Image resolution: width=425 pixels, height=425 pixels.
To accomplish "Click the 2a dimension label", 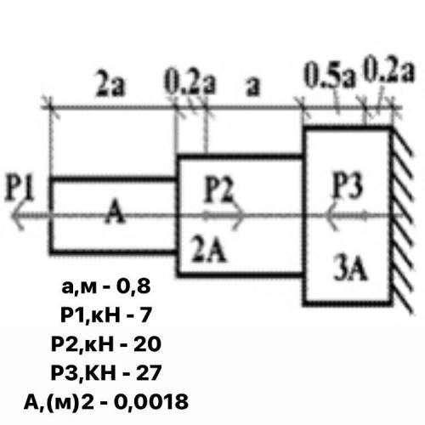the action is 110,84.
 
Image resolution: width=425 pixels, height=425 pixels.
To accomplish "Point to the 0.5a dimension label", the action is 330,76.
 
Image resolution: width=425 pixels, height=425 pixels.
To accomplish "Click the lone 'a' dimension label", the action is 252,86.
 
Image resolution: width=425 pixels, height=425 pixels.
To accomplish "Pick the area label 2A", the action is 209,249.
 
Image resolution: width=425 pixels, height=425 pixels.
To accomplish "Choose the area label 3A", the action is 351,268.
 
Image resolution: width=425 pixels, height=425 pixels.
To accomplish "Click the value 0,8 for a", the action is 133,286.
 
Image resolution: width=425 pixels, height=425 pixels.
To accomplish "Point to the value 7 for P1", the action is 145,314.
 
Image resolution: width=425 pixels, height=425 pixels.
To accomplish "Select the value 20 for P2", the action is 147,344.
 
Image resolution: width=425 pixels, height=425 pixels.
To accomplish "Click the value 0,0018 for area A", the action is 151,402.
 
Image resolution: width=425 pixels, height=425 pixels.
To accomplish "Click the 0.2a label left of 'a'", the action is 190,82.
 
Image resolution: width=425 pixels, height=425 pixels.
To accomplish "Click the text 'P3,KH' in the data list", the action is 83,373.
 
